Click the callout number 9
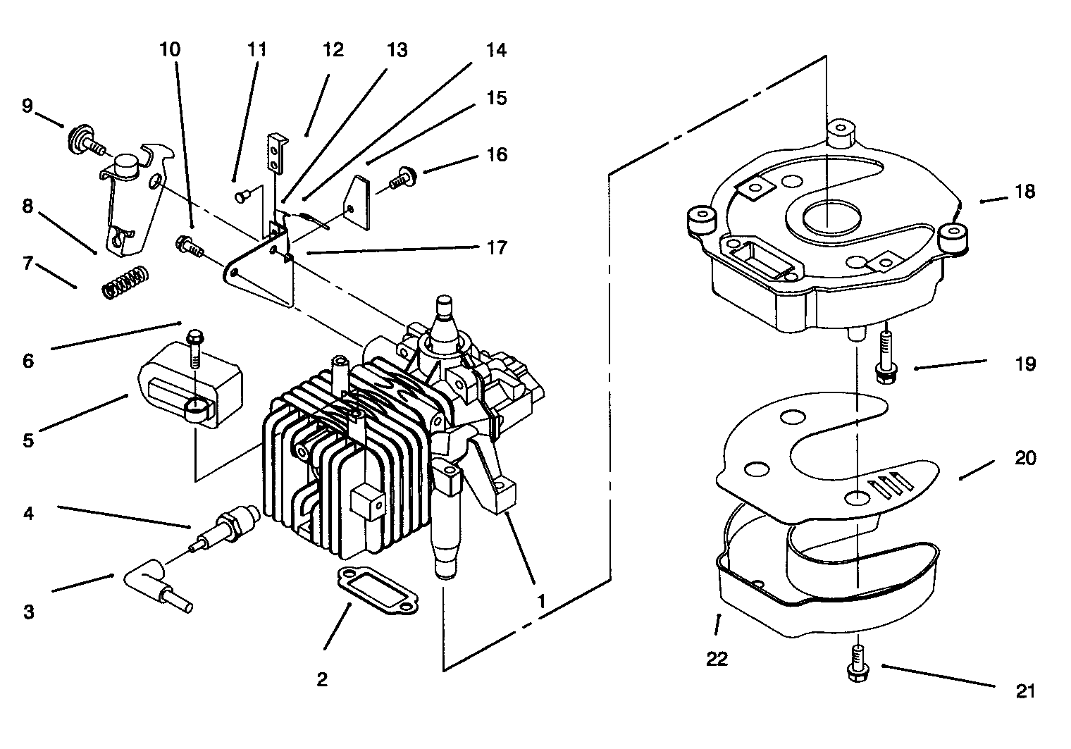[x=27, y=106]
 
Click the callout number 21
[x=1025, y=691]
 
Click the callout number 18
[x=1025, y=191]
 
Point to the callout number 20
[x=1025, y=458]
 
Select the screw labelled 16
[x=402, y=176]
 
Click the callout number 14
[x=496, y=51]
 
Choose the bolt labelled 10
[x=189, y=247]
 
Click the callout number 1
[x=541, y=602]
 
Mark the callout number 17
[x=496, y=248]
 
